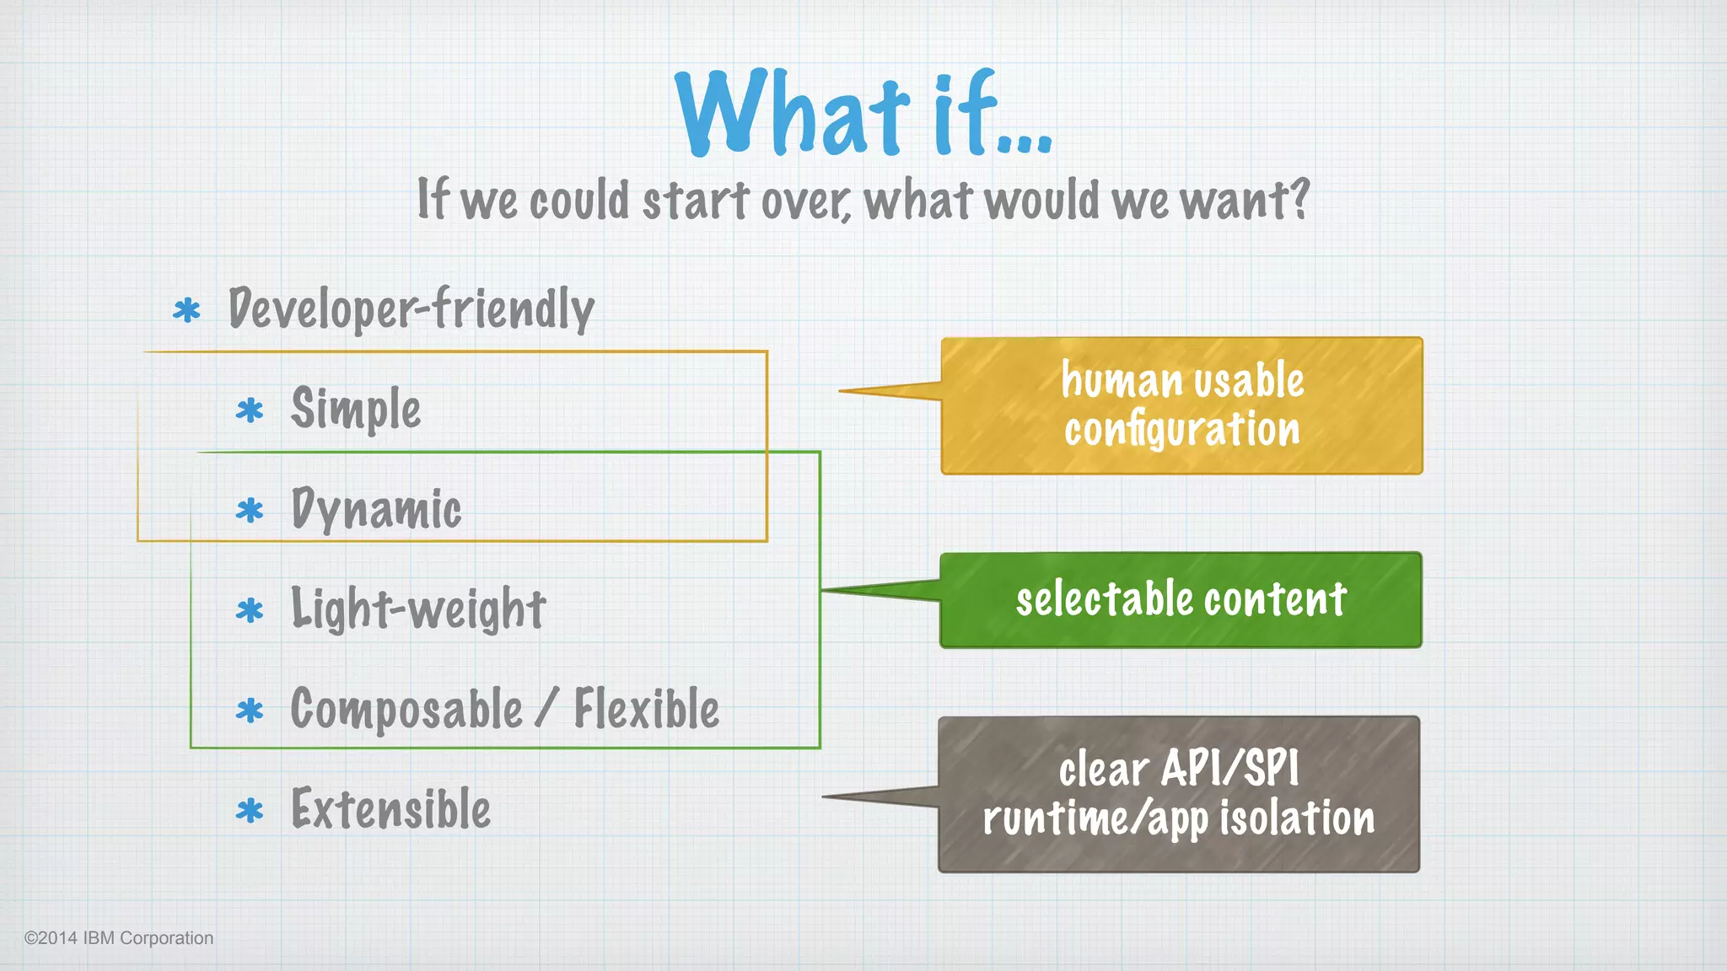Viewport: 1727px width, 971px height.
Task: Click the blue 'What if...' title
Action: click(x=863, y=114)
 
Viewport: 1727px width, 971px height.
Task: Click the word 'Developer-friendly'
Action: click(x=412, y=308)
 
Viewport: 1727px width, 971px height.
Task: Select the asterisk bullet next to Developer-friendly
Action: click(x=186, y=311)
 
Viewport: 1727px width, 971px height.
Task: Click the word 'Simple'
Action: click(x=355, y=409)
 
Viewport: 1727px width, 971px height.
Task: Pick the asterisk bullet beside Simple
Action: click(x=250, y=410)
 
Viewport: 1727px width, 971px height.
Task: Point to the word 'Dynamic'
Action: click(x=376, y=509)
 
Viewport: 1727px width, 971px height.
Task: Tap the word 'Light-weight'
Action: click(x=418, y=609)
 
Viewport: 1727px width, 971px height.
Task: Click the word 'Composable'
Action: click(x=406, y=709)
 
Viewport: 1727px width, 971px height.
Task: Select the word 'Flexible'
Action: click(x=647, y=709)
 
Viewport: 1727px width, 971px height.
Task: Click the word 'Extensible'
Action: click(x=390, y=809)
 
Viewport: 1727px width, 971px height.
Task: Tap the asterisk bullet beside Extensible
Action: click(x=250, y=811)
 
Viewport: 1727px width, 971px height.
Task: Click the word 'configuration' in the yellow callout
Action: click(x=1181, y=430)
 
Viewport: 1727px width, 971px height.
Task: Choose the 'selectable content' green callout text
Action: click(x=1181, y=600)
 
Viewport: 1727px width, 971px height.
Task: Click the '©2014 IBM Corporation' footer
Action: click(x=119, y=938)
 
